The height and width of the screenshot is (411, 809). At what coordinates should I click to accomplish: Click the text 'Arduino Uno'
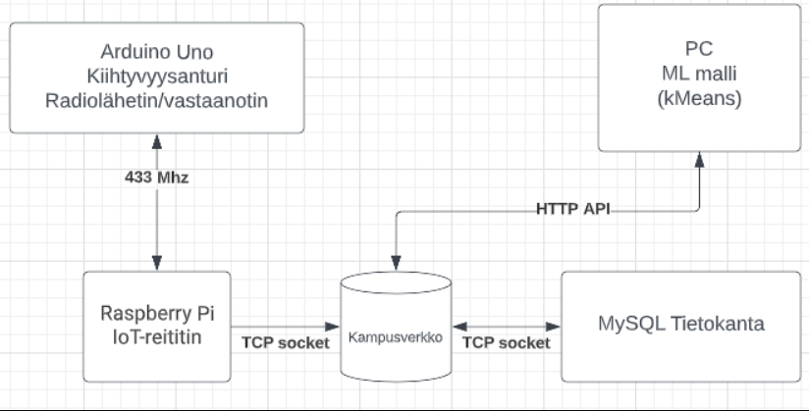(157, 51)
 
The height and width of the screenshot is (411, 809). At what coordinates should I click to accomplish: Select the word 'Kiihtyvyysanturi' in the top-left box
(157, 75)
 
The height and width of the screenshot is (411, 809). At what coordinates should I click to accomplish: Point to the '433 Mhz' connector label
(157, 178)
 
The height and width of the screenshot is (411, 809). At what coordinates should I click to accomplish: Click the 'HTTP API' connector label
(574, 209)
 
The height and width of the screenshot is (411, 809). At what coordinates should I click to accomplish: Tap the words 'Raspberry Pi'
(157, 314)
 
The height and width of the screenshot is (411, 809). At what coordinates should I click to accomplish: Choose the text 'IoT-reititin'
(157, 338)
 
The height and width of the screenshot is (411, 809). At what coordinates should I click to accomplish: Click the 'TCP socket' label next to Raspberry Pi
(285, 342)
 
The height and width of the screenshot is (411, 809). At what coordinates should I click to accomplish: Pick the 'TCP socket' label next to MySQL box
(507, 342)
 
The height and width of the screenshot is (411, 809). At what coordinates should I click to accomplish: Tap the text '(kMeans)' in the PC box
(699, 99)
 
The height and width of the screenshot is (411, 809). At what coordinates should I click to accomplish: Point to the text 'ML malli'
(699, 75)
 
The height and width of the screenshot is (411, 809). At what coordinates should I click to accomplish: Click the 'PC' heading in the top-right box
(699, 51)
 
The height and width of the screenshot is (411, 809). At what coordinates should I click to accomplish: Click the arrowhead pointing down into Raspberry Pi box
(157, 265)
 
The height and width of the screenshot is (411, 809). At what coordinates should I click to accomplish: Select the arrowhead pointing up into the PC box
(699, 158)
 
